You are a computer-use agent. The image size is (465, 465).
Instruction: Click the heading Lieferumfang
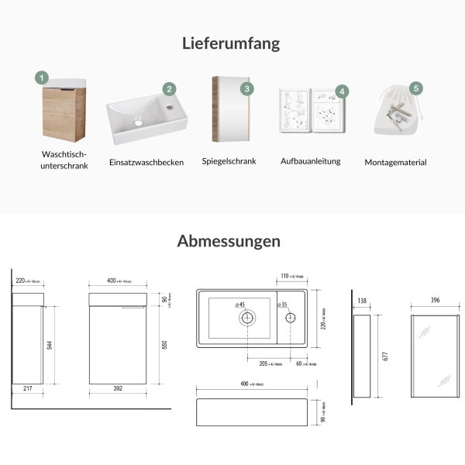(x=232, y=43)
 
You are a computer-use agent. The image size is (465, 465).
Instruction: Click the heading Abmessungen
(x=229, y=241)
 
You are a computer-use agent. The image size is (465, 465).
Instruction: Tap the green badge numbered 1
(x=42, y=77)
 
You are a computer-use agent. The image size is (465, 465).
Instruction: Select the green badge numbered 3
(x=246, y=88)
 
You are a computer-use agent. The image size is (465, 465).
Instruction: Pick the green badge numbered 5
(x=416, y=88)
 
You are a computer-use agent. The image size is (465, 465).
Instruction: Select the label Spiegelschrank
(x=229, y=161)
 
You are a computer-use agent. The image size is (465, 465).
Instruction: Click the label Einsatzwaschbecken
(x=146, y=163)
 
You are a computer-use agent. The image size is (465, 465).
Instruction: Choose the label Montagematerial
(x=395, y=163)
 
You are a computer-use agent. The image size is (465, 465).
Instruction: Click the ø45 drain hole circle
(x=247, y=317)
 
